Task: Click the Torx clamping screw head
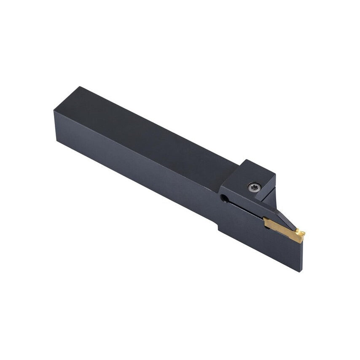pos(254,187)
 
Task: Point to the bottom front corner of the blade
pos(301,271)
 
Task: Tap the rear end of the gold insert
pos(265,221)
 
